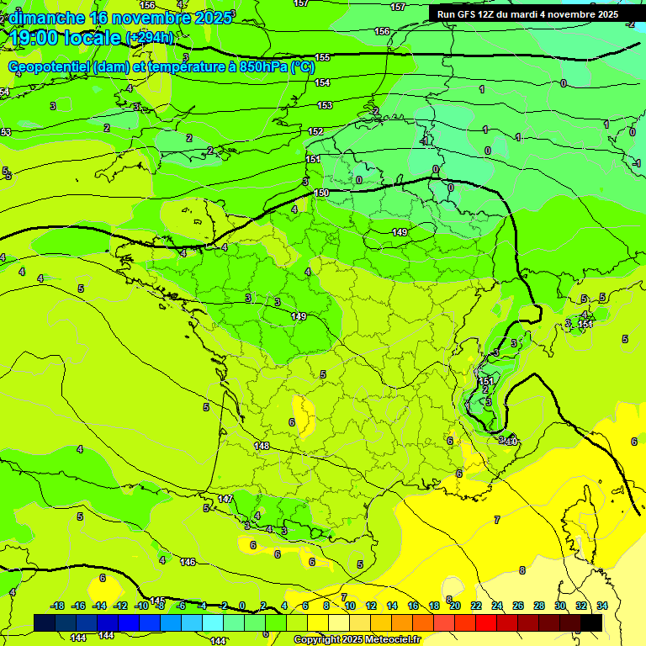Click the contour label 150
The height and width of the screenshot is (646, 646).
(321, 193)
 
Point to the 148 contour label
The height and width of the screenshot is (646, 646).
(262, 446)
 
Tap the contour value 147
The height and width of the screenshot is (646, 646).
(225, 499)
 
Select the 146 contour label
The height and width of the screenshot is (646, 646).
(188, 562)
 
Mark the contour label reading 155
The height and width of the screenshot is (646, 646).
(322, 57)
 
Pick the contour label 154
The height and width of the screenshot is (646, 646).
(322, 82)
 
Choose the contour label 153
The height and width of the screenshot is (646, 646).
(325, 105)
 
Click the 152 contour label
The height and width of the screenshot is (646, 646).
(315, 131)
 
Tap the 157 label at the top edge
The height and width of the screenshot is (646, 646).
(398, 7)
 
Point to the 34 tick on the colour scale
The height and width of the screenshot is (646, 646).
(602, 606)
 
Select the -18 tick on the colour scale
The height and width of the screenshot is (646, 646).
(58, 606)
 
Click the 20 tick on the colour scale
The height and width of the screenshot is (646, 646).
(455, 606)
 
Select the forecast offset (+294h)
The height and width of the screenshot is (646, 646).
(149, 38)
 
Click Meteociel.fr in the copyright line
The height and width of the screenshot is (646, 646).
(391, 640)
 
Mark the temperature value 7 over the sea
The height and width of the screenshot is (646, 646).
(497, 520)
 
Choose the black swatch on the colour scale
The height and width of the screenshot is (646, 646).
(591, 622)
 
